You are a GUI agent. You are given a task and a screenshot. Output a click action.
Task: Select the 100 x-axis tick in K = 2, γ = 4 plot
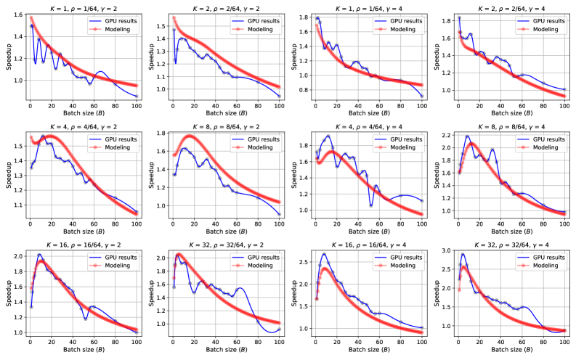coord(564,106)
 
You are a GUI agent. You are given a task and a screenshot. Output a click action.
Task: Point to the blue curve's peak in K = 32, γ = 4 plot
coord(463,254)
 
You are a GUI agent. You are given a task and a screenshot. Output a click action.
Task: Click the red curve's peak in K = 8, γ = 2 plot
coord(190,136)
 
